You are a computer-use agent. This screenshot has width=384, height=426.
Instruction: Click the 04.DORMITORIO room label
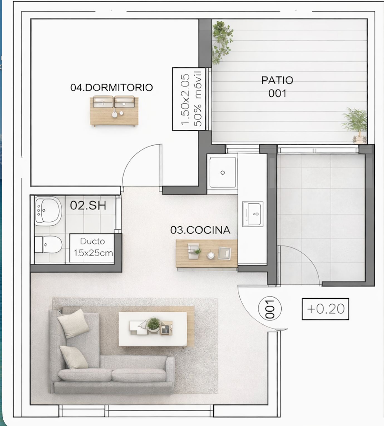(x=112, y=87)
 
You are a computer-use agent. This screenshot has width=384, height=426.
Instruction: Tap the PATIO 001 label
(x=277, y=87)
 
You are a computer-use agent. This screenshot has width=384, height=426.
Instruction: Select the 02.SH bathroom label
(x=88, y=205)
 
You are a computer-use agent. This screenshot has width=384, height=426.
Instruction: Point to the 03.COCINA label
(x=200, y=230)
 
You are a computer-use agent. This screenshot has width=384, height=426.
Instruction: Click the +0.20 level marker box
(x=325, y=309)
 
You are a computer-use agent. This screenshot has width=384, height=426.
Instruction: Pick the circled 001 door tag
(x=270, y=309)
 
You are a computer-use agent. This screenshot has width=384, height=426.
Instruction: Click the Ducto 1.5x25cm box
(x=92, y=248)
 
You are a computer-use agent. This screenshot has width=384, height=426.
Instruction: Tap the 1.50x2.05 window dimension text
(x=185, y=99)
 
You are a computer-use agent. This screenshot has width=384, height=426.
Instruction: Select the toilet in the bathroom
(x=48, y=244)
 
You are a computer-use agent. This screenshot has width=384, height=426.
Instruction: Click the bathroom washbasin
(x=48, y=211)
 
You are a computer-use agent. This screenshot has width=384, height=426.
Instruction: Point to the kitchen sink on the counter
(x=253, y=214)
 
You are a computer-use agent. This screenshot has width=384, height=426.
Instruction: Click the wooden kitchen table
(x=206, y=254)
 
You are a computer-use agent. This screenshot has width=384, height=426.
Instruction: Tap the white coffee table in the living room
(x=153, y=329)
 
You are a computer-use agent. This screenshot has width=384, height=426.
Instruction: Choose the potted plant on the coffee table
(x=153, y=324)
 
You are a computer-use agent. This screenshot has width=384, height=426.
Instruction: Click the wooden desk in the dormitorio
(x=114, y=111)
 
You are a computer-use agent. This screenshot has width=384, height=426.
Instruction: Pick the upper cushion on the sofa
(x=73, y=324)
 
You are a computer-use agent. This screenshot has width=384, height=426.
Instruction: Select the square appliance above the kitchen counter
(x=222, y=172)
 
